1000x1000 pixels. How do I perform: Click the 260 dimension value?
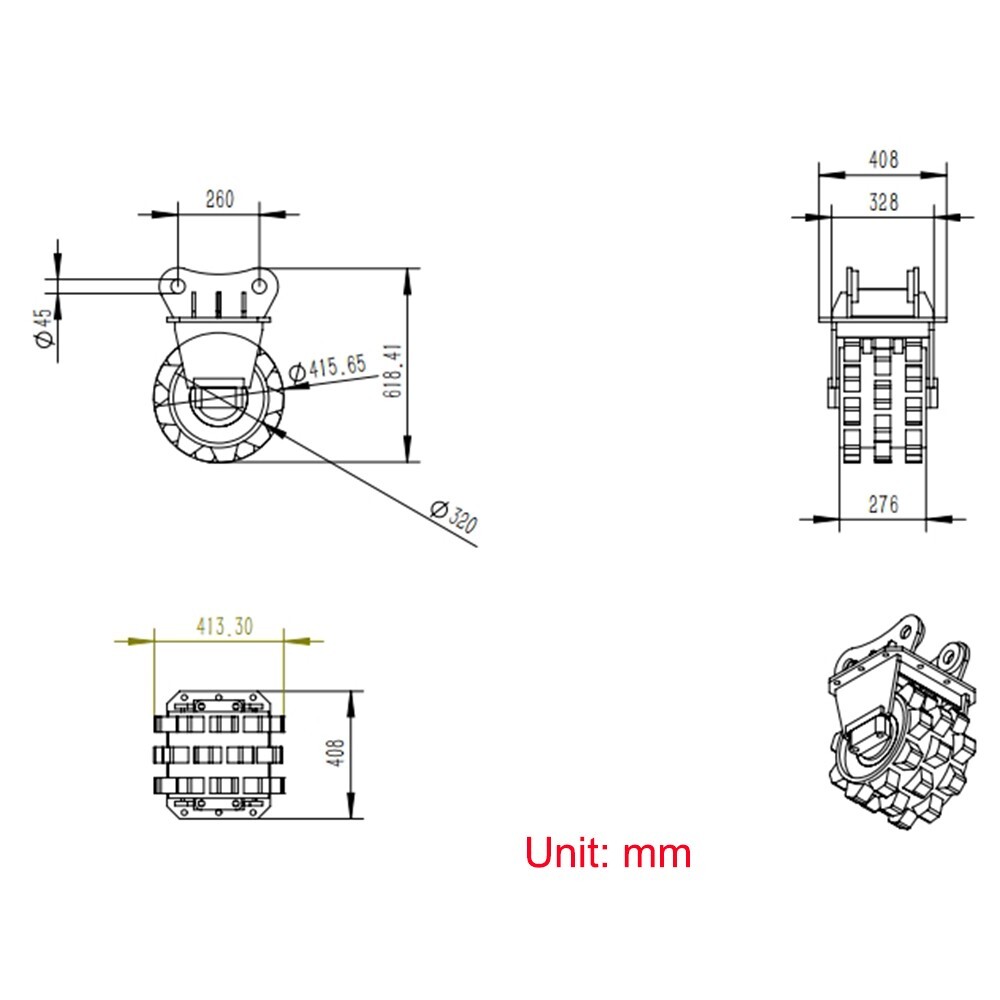(x=218, y=199)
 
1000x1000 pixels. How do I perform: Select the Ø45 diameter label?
(x=43, y=327)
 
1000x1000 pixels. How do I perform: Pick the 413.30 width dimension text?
(x=223, y=626)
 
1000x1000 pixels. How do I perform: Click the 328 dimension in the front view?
(x=883, y=202)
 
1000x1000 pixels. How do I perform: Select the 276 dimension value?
(x=883, y=504)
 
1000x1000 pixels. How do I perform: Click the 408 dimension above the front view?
(x=883, y=159)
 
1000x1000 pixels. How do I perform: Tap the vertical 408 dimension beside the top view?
(x=336, y=753)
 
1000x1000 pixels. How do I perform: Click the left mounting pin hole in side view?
(x=175, y=286)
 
